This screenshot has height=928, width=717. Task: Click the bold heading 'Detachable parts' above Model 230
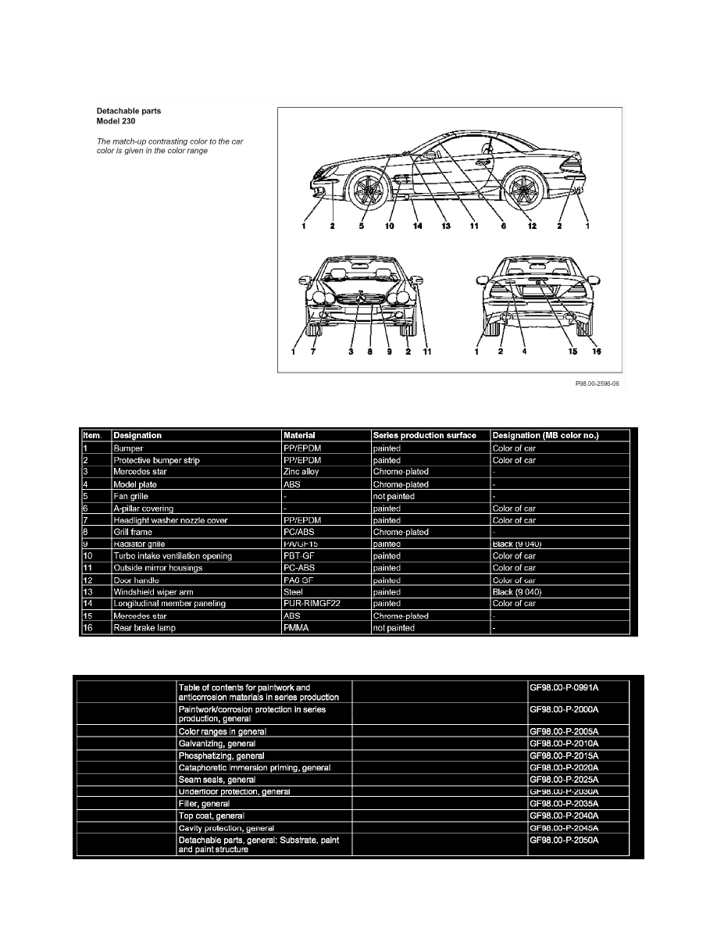[128, 111]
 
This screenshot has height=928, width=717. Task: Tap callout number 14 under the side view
[417, 227]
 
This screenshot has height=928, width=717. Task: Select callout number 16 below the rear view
[596, 352]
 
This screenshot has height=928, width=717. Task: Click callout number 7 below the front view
[312, 352]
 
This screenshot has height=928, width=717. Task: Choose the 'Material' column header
[301, 435]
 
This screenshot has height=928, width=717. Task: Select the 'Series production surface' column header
[425, 435]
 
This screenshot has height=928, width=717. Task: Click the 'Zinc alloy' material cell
[304, 472]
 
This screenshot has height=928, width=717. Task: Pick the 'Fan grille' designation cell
[130, 496]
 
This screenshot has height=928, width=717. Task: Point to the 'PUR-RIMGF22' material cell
[313, 604]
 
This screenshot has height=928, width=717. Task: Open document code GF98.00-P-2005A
[568, 731]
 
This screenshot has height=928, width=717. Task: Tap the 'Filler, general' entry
[204, 803]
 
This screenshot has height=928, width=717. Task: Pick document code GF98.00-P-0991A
[568, 687]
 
